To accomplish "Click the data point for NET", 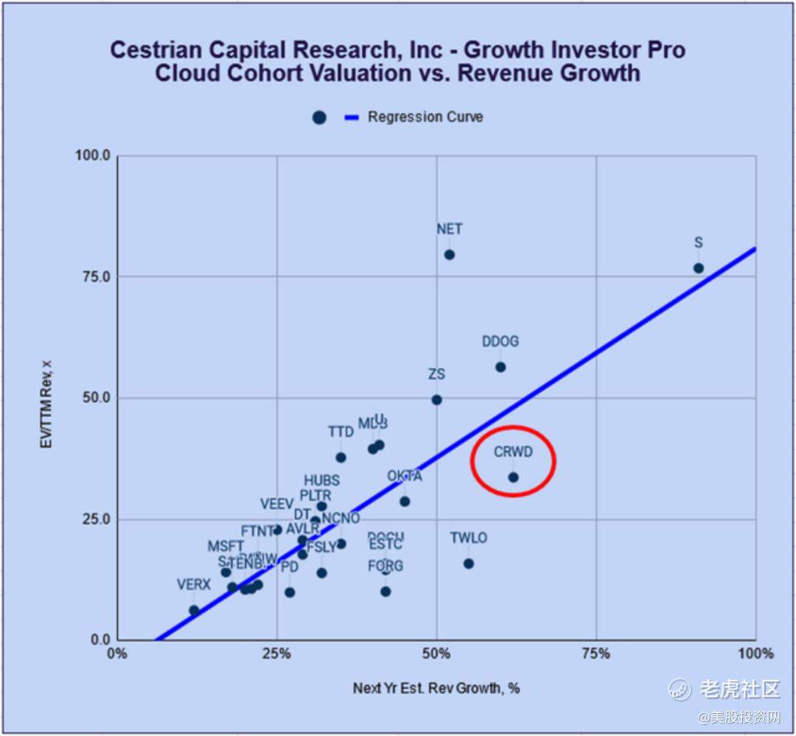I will (449, 255).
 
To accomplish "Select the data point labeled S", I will (698, 268).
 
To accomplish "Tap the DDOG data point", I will (500, 367).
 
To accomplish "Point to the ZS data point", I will (436, 399).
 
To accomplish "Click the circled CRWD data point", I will (513, 477).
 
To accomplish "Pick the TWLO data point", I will (469, 564).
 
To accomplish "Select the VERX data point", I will (194, 610).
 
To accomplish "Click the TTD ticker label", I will (341, 432).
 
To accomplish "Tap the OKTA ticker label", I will (405, 476).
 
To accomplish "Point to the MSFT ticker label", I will (226, 547).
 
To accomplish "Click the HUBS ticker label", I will (322, 481).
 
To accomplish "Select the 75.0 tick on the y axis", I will (96, 276).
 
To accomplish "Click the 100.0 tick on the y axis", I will (93, 155).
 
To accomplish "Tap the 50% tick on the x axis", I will (436, 653).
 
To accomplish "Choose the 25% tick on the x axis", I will (277, 653).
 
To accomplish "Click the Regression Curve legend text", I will (425, 117).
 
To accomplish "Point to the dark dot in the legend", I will (319, 118).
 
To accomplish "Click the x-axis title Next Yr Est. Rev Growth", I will (436, 688).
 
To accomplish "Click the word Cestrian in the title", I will (152, 50).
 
